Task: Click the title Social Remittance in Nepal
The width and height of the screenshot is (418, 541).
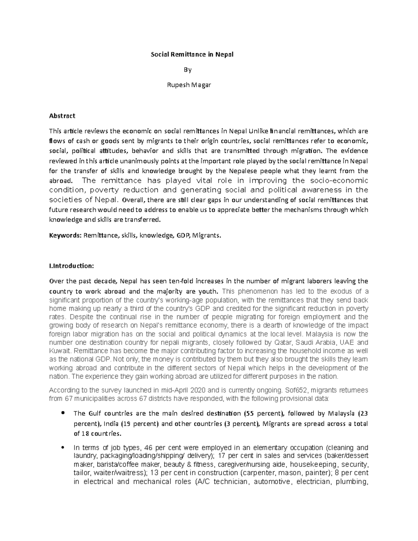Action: [192, 55]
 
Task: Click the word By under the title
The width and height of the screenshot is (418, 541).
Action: [188, 70]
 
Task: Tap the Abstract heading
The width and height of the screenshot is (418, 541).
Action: [62, 116]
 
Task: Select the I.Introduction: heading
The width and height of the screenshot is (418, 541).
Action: [71, 266]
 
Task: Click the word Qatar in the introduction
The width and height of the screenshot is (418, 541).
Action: [282, 342]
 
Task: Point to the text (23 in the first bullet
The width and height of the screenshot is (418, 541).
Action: [362, 414]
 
